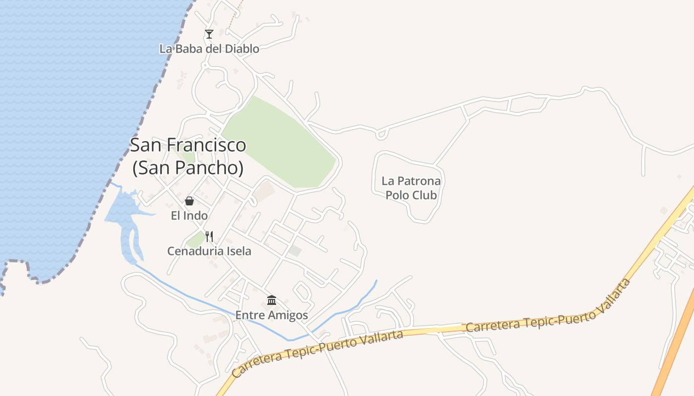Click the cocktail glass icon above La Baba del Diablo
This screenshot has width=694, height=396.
[209, 34]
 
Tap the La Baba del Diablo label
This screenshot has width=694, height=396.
[209, 49]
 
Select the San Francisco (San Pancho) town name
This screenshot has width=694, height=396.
[188, 156]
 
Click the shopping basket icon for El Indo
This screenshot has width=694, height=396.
[189, 201]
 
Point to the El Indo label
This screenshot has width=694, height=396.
[189, 215]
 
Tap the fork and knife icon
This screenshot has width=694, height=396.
[209, 237]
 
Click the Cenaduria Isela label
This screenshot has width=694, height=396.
[209, 251]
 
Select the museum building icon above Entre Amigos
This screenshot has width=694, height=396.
[272, 300]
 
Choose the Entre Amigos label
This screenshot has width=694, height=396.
[272, 315]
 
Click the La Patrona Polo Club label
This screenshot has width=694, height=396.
[411, 188]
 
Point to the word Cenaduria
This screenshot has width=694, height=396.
[194, 251]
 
